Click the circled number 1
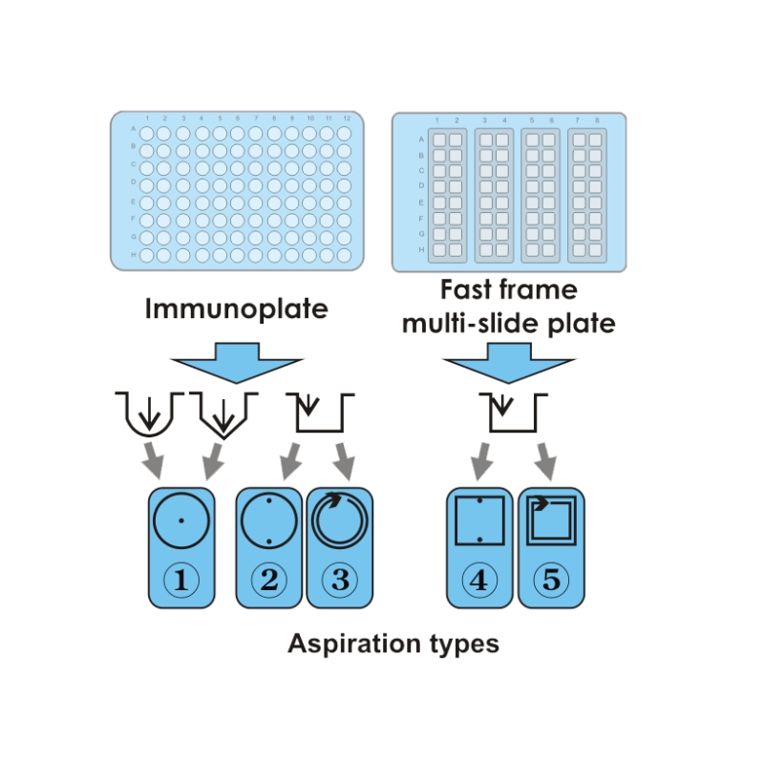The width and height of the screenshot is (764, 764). pos(180,581)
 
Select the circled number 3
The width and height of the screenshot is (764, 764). pos(339,581)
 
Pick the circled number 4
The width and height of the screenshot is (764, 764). pos(480,581)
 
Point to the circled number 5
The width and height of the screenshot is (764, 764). pos(551,581)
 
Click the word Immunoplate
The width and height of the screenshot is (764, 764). pos(236,309)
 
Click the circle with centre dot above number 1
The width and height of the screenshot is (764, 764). pos(180,520)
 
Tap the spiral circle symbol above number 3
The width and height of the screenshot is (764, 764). pos(339,521)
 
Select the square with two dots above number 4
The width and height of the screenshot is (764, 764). pos(480,521)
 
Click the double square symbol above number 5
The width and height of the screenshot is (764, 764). pos(551,521)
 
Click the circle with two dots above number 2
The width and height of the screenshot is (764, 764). pos(268,521)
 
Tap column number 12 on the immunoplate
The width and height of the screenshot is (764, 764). pos(346,117)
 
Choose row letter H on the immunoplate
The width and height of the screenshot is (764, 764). pos(132,255)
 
